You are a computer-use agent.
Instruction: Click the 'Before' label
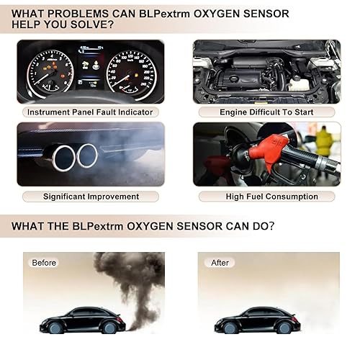coord(43,263)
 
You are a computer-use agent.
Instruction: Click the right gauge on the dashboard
coord(130,74)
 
